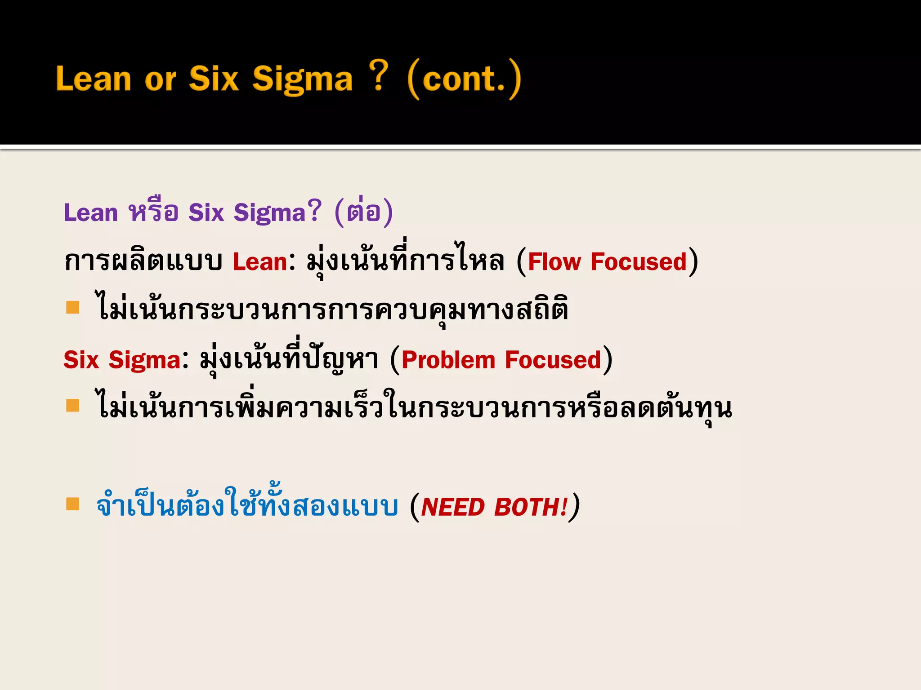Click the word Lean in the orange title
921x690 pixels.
click(94, 79)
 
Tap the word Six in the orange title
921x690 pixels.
click(213, 79)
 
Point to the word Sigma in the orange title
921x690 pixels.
click(302, 80)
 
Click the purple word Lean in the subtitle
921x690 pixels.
click(91, 212)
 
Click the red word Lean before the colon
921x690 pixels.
click(260, 262)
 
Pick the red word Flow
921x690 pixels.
click(554, 262)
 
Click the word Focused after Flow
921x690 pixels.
click(639, 262)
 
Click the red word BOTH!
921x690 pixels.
click(531, 507)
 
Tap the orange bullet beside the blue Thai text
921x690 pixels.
click(72, 504)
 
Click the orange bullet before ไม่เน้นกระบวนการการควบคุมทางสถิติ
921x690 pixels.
click(72, 308)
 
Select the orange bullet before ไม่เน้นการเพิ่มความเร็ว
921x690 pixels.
click(72, 406)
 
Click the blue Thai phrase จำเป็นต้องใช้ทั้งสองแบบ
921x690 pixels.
click(247, 505)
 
